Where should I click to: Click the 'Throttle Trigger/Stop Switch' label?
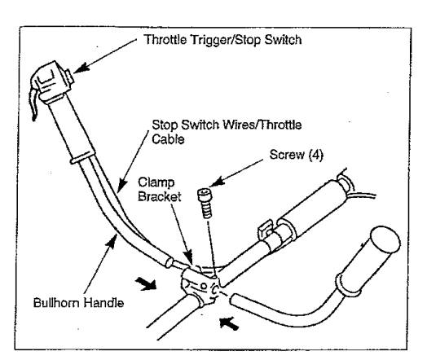coord(222,40)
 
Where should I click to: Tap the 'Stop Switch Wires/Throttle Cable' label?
coord(227,132)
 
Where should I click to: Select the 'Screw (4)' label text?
coord(297,155)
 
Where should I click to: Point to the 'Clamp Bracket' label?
coord(159,190)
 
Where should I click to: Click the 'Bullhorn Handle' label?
coord(78,303)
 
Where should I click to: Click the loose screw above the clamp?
coord(205,203)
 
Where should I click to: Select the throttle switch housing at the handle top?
coord(51,81)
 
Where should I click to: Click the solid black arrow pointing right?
coord(146,283)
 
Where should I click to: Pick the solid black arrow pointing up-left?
coord(229,323)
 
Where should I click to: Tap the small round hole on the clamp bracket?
coord(203,286)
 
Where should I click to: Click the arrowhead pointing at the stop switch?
coord(81,68)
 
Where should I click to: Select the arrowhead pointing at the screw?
coord(217,182)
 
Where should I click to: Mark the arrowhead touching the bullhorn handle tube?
coord(112,241)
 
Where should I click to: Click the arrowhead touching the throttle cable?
coord(121,185)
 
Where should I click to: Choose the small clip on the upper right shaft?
coord(266,229)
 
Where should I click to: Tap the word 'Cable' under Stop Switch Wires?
coord(168,139)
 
